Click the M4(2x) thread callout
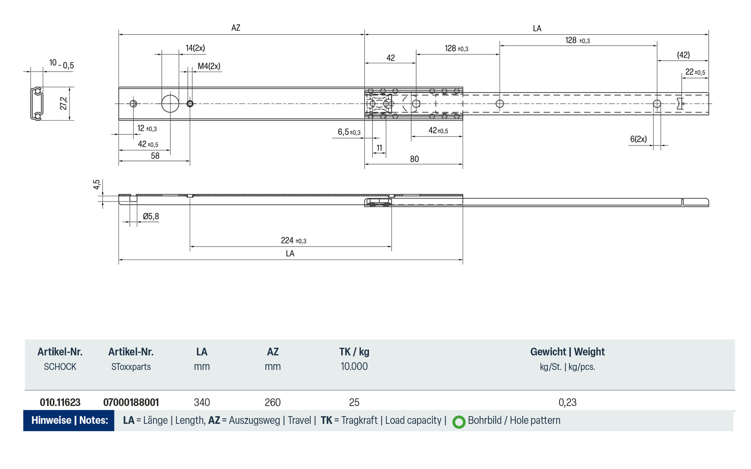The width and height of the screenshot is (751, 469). (x=209, y=66)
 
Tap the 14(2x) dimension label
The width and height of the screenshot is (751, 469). (x=195, y=48)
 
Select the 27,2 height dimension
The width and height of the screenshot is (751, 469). (x=63, y=104)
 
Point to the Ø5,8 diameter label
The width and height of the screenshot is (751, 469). (x=151, y=216)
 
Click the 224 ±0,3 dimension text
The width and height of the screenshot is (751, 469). (x=293, y=240)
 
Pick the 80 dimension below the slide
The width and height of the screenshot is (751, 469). (x=414, y=159)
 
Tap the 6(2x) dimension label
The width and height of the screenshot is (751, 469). (x=638, y=139)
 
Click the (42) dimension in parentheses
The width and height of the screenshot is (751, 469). (x=683, y=55)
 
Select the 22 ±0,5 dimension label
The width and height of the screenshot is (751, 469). (x=695, y=72)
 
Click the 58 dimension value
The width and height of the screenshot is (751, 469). (x=155, y=156)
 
